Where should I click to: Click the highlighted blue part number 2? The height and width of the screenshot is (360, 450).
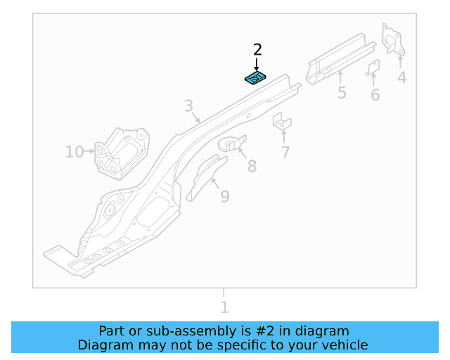255,77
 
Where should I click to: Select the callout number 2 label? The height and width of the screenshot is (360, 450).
257,49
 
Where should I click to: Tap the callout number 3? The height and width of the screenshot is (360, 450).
188,106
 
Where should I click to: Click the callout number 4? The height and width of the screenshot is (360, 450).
401,77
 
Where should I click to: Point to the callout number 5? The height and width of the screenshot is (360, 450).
342,93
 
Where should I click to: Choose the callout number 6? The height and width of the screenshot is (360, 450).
375,95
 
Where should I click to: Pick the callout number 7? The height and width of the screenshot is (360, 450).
285,152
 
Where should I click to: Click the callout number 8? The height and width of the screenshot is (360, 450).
252,167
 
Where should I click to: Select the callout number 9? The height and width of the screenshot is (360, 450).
224,196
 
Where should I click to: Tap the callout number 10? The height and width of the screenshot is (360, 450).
74,151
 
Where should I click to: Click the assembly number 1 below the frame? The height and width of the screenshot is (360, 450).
224,307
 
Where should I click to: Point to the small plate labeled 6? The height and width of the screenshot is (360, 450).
374,67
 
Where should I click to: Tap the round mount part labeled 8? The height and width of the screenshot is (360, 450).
232,143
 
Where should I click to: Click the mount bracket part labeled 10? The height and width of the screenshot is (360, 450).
122,154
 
